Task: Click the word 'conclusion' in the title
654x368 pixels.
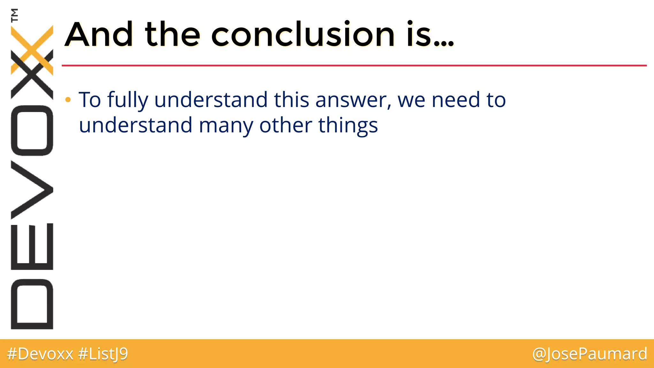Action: pos(303,34)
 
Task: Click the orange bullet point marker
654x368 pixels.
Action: pos(68,100)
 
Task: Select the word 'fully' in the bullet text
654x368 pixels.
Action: pos(128,101)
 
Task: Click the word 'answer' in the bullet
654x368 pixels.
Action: pos(353,101)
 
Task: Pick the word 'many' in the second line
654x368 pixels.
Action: pos(226,126)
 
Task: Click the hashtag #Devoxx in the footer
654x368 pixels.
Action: pos(40,354)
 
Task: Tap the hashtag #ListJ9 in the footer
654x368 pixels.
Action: pos(103,354)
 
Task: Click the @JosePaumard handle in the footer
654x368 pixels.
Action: pos(589,354)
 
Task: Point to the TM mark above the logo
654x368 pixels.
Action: pos(14,15)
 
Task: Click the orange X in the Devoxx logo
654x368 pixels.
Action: pos(32,50)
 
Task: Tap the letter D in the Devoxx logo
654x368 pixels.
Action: pos(32,304)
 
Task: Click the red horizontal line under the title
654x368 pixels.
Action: pos(351,65)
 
